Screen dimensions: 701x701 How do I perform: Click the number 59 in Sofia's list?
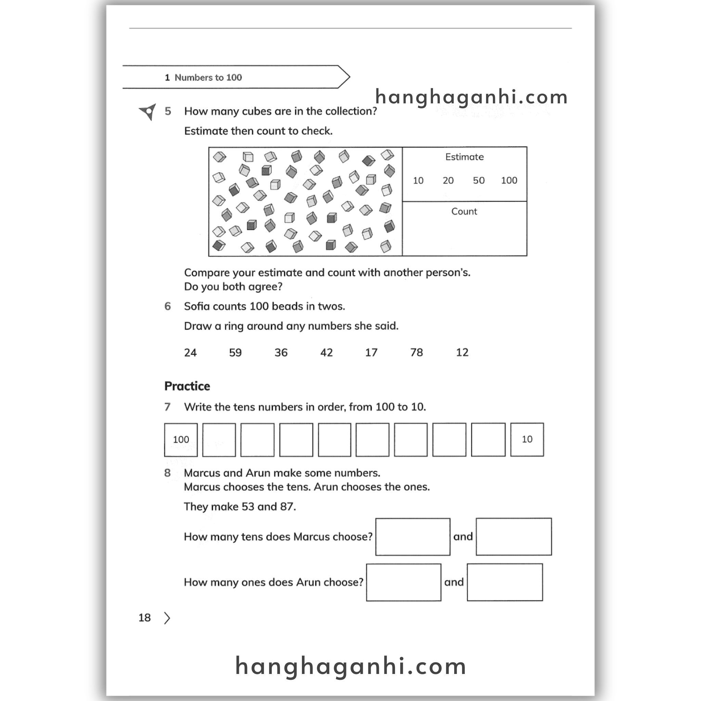point(235,352)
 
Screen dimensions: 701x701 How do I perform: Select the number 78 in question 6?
point(417,352)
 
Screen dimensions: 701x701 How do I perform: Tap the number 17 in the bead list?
point(371,352)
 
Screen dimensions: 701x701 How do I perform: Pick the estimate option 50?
point(479,180)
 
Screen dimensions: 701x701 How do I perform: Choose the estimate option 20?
point(448,180)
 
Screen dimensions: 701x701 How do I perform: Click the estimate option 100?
point(509,180)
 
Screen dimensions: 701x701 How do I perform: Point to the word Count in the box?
point(464,212)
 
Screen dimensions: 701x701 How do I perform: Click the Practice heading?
point(187,386)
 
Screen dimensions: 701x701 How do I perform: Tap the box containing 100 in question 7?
point(181,439)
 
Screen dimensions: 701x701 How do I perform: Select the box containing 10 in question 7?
point(527,439)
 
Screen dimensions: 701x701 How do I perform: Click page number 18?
point(144,617)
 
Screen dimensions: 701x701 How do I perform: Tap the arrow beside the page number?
point(167,618)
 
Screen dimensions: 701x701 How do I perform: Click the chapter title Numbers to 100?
point(208,77)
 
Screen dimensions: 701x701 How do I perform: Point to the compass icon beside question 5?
point(148,111)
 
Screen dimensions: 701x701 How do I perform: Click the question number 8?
point(167,473)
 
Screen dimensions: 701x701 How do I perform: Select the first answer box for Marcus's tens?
point(413,537)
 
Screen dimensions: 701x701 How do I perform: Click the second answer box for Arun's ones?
point(505,582)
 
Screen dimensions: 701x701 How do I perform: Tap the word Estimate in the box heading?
point(464,157)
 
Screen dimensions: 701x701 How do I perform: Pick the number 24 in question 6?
point(190,352)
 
